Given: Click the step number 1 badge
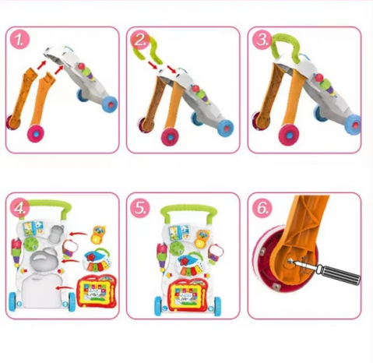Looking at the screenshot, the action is coord(19,40).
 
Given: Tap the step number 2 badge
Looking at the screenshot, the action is coord(140,41).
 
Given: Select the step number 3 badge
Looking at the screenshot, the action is coord(262,40).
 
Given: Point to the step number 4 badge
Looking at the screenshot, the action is coord(19,207).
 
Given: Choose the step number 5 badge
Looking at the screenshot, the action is coord(140,208).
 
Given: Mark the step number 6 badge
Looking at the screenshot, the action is coord(262,208).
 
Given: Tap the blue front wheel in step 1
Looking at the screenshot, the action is coord(109,104).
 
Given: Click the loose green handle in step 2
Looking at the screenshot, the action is coord(149,51).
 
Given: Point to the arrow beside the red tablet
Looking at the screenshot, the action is coord(65,287).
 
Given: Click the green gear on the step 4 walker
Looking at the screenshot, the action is coord(30,243).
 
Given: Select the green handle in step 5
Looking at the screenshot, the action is coord(188,212).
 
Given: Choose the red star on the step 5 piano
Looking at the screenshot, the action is coord(184,261).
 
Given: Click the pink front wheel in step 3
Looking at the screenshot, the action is coord(289,135).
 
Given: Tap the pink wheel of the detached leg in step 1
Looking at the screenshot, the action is coord(36,133).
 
